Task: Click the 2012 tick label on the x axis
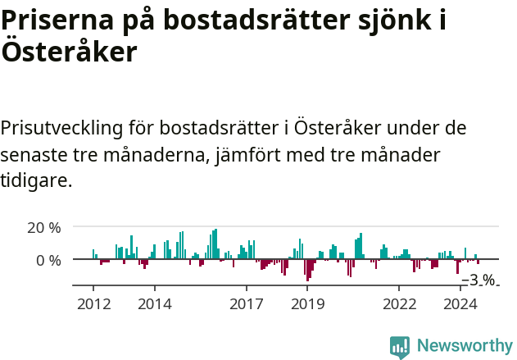click(x=93, y=303)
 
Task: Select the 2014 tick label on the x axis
click(x=154, y=303)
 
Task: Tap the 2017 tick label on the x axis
click(x=246, y=303)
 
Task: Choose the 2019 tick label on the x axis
click(x=307, y=303)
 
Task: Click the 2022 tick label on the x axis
click(x=399, y=303)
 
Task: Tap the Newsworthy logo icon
click(x=400, y=346)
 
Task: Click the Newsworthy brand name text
click(x=464, y=346)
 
